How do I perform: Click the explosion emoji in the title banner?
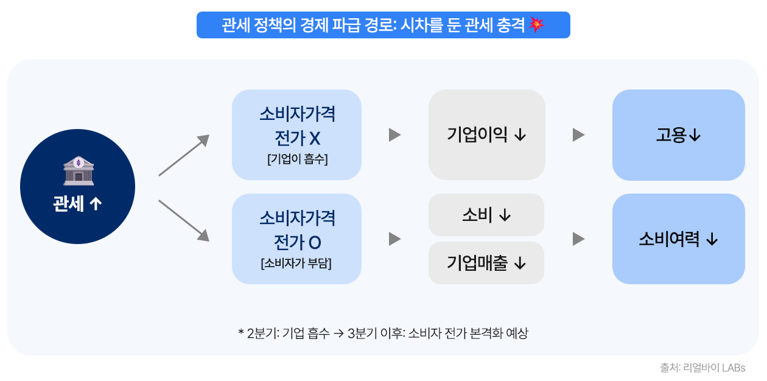point(536,24)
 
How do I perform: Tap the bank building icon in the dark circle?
point(79,171)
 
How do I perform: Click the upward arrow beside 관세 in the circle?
point(96,204)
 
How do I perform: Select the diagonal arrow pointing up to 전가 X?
point(184,155)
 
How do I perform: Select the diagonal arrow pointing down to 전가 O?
point(184,221)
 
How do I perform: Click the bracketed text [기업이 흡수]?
point(297,159)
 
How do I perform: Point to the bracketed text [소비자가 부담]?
point(296,264)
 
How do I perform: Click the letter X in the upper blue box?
point(315,139)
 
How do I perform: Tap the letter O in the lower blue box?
point(315,243)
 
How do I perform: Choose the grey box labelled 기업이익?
point(486,135)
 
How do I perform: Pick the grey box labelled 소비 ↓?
point(486,215)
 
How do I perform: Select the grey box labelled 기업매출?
point(486,263)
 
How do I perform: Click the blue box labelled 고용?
point(678,135)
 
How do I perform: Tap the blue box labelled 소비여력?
point(678,239)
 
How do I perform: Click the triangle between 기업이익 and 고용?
point(579,135)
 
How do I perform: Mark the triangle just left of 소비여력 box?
point(579,239)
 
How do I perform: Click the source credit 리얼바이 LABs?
point(714,368)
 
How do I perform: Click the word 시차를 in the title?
point(421,24)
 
